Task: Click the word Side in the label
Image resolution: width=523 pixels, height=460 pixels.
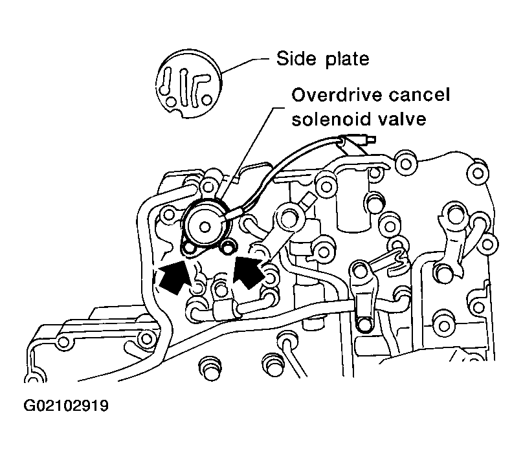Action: (x=296, y=59)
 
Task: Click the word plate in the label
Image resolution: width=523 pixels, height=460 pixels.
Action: (x=347, y=60)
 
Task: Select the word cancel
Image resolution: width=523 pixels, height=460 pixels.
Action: (x=415, y=95)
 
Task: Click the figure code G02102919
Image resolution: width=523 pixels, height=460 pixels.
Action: (x=66, y=406)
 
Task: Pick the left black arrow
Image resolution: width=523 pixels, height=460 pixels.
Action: (x=174, y=276)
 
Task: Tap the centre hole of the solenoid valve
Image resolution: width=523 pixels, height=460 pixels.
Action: (x=205, y=227)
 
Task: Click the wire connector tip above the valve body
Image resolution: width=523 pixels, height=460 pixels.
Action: (x=372, y=139)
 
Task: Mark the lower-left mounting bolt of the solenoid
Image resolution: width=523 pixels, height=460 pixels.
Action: (x=189, y=248)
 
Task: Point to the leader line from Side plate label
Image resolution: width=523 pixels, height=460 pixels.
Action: (x=246, y=65)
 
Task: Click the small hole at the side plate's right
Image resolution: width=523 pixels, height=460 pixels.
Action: (x=206, y=100)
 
